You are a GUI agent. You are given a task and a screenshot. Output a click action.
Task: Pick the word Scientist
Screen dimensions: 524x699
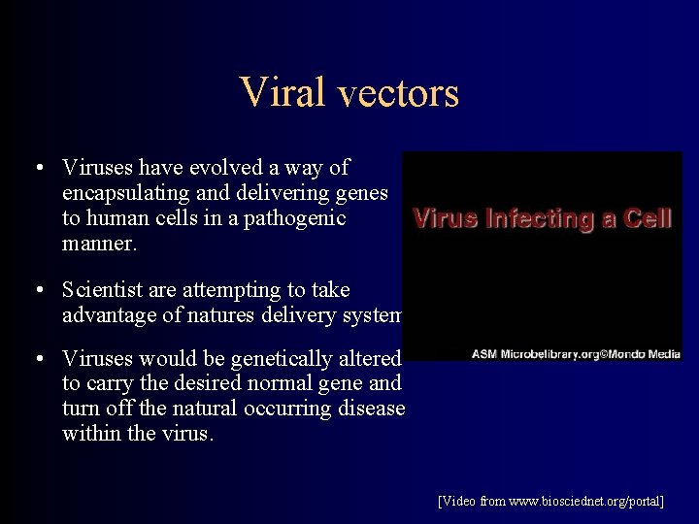point(107,289)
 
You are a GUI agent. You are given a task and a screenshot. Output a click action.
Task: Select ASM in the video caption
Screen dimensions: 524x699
point(483,354)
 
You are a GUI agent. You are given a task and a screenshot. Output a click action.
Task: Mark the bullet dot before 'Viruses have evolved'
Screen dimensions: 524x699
point(35,168)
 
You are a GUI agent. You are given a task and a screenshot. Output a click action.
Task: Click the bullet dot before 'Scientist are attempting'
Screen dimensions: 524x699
point(35,289)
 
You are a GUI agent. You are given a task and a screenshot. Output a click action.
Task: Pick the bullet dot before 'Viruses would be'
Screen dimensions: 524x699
point(35,359)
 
